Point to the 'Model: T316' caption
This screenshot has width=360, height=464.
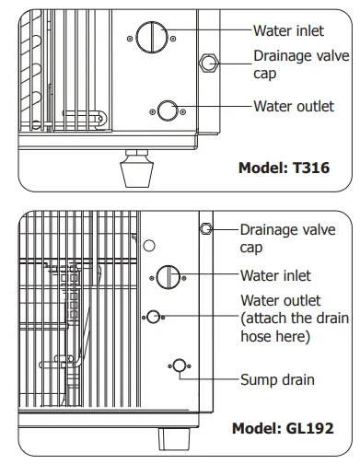tap(284, 168)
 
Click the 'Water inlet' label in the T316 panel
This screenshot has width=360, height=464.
tap(288, 30)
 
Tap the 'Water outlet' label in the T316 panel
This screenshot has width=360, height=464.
tap(294, 106)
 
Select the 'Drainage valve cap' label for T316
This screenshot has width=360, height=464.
tap(301, 64)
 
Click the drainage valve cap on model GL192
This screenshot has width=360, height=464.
tap(205, 228)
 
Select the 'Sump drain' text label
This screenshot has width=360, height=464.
tap(277, 379)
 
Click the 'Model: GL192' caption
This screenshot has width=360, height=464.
tap(283, 428)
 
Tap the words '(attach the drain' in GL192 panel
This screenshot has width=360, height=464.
tap(295, 319)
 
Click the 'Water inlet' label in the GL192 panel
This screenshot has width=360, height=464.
tap(275, 275)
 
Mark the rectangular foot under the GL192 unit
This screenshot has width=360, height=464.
tap(174, 438)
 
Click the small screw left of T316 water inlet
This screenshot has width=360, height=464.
tap(130, 39)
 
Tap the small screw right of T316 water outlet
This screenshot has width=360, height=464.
tap(182, 111)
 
